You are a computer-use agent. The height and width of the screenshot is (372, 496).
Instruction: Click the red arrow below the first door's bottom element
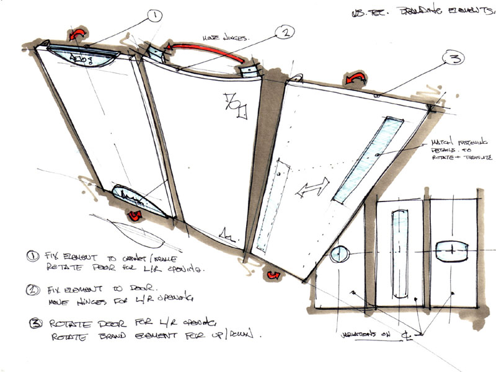click(x=135, y=217)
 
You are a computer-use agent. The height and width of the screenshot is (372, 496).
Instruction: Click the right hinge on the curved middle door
click(x=249, y=69)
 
